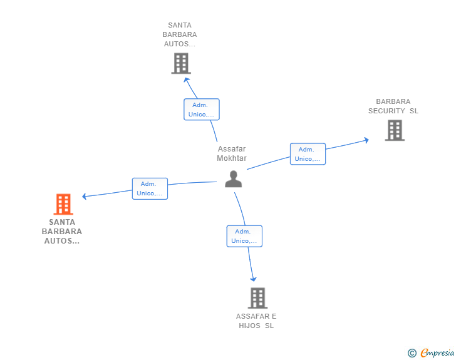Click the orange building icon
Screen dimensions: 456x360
coord(63,204)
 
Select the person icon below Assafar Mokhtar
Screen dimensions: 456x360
coord(233,179)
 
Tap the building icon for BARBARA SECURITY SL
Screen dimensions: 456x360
coord(395,130)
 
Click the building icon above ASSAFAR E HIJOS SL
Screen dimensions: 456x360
coord(257,298)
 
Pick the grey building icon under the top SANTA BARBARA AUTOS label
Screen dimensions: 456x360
coord(181,63)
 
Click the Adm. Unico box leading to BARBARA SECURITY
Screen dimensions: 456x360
coord(308,154)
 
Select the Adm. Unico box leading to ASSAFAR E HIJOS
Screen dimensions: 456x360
coord(244,236)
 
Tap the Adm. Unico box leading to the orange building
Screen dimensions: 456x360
coord(150,188)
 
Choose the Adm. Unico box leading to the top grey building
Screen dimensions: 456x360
coord(202,110)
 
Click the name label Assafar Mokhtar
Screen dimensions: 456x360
coord(232,153)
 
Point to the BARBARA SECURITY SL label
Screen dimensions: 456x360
coord(393,106)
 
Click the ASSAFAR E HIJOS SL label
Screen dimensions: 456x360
coord(256,321)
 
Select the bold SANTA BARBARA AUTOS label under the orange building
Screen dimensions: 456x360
coord(61,232)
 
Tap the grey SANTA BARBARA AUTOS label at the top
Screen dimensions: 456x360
coord(179,34)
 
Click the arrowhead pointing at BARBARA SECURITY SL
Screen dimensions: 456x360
coord(366,140)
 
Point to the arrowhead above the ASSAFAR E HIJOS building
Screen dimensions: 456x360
coord(253,279)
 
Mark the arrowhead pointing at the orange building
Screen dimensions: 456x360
coord(84,197)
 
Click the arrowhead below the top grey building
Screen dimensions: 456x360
coord(187,80)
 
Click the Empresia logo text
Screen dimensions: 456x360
coord(437,352)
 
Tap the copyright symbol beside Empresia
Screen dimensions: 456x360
coord(412,353)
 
